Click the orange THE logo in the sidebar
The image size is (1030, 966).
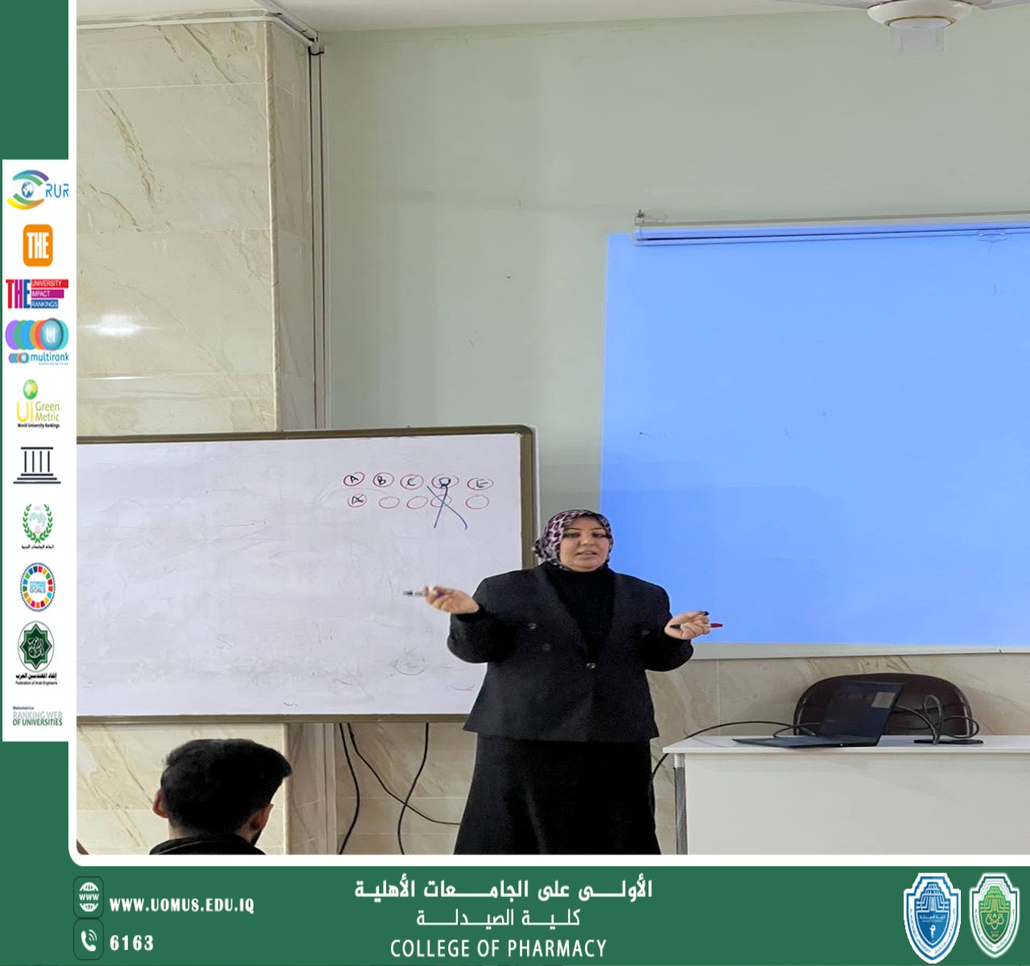37,245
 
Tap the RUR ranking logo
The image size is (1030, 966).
37,191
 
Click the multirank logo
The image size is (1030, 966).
37,342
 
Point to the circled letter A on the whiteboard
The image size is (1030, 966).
354,479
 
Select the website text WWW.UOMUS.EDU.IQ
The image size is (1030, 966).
181,905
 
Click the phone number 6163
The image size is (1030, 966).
131,943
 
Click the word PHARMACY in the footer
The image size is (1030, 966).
556,949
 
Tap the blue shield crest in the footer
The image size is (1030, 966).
931,918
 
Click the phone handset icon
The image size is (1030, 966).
88,941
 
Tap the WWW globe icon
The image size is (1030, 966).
88,898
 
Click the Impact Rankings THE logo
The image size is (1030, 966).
37,293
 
